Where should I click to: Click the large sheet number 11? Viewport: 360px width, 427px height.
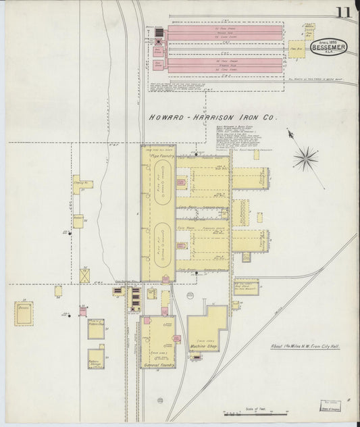[345, 11]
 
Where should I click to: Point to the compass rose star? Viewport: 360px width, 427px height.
[305, 159]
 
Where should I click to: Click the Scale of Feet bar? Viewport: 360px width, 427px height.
[253, 412]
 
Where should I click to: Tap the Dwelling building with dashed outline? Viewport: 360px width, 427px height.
[26, 313]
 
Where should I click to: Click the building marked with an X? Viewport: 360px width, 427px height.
[84, 275]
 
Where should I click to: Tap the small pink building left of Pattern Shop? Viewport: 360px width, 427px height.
[82, 311]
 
